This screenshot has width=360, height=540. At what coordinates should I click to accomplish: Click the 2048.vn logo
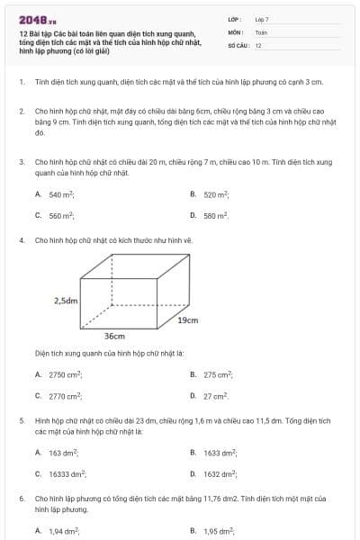(x=37, y=18)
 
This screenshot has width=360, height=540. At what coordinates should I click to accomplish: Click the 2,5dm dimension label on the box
(x=66, y=300)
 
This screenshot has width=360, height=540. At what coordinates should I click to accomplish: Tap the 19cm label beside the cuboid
(x=187, y=319)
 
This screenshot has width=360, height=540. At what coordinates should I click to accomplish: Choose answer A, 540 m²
(x=61, y=194)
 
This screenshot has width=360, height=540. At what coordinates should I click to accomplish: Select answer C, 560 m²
(x=61, y=216)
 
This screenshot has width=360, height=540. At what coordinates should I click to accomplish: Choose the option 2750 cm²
(x=65, y=374)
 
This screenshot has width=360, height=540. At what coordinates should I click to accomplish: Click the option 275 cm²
(x=218, y=374)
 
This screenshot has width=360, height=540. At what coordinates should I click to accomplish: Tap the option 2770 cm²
(x=65, y=396)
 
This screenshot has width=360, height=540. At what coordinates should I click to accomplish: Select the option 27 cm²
(x=216, y=396)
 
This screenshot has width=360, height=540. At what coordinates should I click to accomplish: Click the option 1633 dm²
(x=219, y=453)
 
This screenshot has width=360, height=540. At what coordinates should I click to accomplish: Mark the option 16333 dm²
(x=67, y=473)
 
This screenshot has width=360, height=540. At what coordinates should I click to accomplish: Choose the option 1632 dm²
(x=219, y=473)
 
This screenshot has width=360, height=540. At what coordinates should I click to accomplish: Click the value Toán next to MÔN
(x=261, y=31)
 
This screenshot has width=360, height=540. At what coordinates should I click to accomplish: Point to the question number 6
(x=22, y=498)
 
